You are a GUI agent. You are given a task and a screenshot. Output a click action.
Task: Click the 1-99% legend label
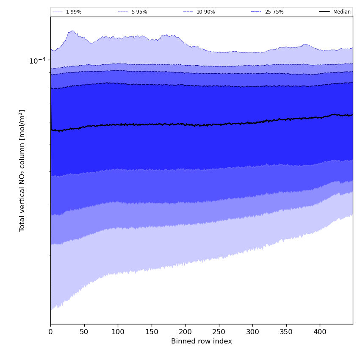(73, 12)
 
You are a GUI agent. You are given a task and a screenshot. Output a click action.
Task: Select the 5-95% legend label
(139, 12)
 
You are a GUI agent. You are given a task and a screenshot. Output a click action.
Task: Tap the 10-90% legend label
(205, 12)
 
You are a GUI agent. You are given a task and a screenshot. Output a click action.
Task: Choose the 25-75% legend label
(274, 12)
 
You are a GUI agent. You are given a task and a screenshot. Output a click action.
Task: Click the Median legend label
(342, 12)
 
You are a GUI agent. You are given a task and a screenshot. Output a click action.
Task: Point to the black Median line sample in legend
(324, 12)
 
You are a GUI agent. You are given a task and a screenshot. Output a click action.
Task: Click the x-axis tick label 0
(50, 332)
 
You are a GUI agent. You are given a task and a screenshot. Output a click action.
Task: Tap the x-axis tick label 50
(84, 332)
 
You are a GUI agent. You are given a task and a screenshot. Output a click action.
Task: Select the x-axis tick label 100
(118, 332)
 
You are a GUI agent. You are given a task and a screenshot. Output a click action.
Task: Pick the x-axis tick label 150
(152, 332)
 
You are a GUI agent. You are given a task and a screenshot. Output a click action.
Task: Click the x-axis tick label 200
(185, 332)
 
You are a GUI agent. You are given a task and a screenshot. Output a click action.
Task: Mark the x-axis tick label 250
(219, 332)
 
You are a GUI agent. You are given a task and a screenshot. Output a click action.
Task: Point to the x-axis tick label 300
(252, 332)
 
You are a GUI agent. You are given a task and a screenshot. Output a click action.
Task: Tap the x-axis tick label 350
(286, 332)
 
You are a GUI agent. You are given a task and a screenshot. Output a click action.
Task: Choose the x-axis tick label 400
(320, 332)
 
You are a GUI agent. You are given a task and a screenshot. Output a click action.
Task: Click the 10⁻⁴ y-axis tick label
(37, 61)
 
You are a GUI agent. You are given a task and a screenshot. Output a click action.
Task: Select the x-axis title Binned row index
(202, 341)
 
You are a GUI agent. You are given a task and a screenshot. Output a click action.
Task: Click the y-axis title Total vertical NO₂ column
(22, 170)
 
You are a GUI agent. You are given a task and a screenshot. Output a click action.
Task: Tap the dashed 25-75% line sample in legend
(256, 12)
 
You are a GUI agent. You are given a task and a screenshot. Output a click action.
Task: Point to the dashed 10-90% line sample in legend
(188, 12)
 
